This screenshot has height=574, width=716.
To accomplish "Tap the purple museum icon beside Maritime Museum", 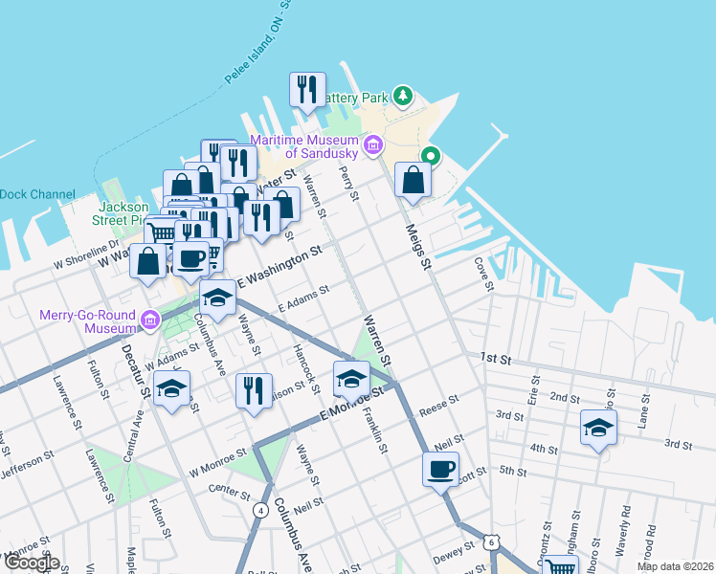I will tap(373, 146).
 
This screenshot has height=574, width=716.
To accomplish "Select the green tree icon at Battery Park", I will tap(405, 95).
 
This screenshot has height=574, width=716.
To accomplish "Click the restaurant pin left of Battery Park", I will tap(307, 90).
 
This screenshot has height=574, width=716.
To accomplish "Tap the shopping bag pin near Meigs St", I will tap(413, 180).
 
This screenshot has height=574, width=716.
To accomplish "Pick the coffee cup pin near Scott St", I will tap(441, 470).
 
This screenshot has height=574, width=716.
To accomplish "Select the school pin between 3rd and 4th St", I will tap(599, 427).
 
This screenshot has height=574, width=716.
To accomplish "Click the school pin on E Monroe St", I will tap(351, 379).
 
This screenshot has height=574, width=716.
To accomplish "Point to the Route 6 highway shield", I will tap(491, 541).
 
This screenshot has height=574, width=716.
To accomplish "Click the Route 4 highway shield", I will tap(260, 510).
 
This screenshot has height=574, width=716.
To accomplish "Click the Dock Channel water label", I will tap(36, 194).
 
